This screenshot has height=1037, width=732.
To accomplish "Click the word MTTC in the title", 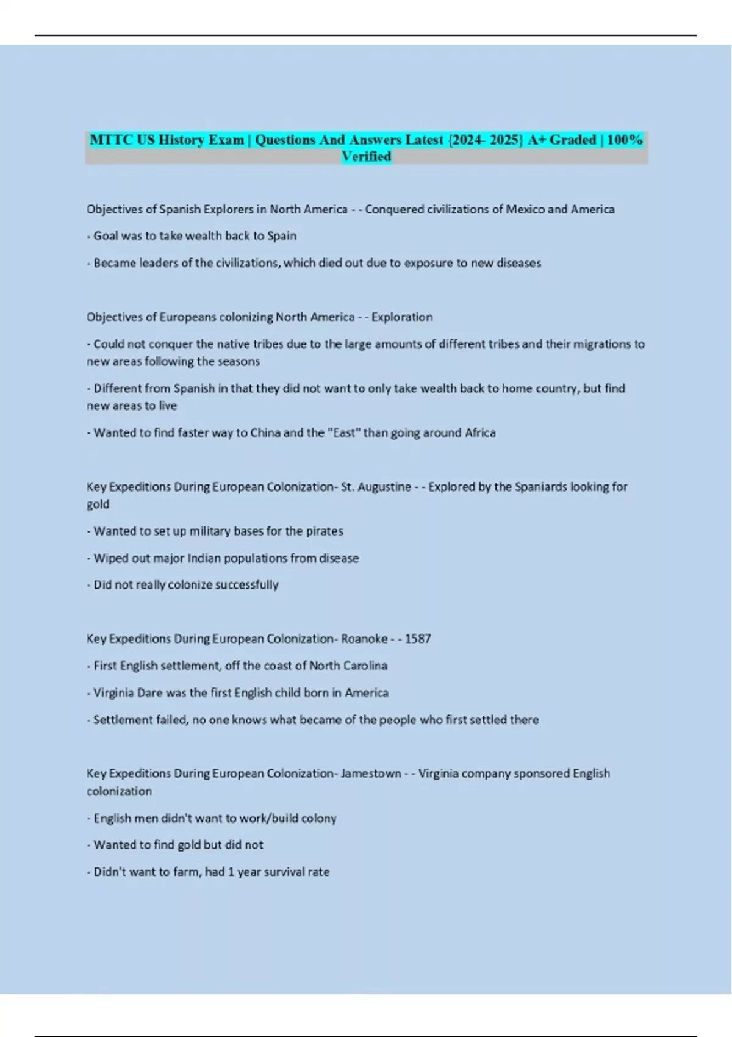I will (112, 140).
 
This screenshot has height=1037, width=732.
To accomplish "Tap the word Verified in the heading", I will (366, 157).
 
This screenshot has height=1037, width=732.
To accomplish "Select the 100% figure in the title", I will (625, 140).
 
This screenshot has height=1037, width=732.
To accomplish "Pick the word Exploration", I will (402, 317).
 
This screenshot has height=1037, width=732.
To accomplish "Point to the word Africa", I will (480, 433).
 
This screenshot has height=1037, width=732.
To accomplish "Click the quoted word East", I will (344, 433).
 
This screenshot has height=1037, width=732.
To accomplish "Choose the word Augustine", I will (384, 487).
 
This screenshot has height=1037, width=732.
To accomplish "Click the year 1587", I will (418, 639).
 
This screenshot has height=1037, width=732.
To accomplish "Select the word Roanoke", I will (364, 639).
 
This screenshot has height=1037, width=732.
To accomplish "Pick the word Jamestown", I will (371, 773).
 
